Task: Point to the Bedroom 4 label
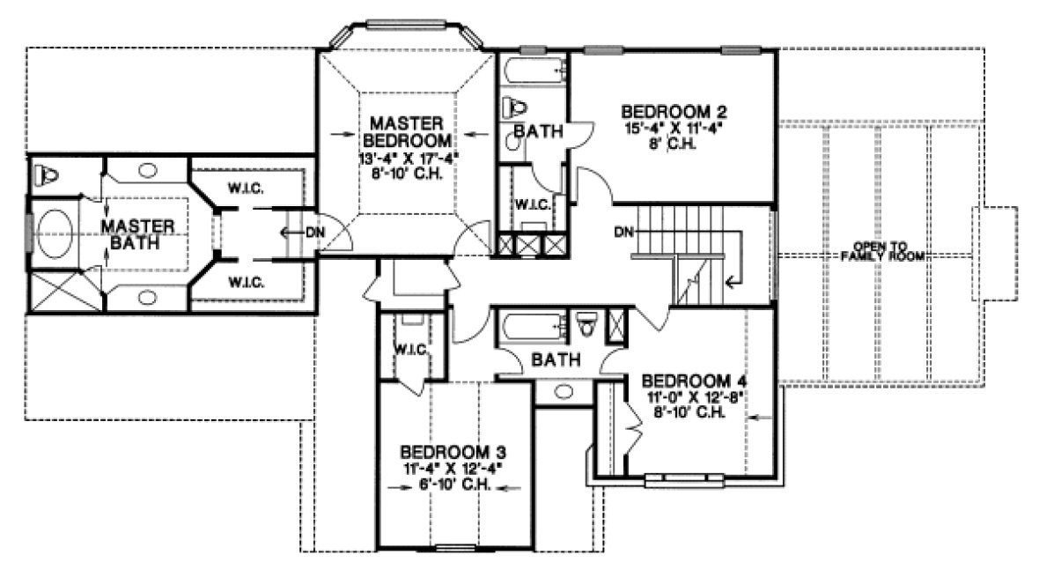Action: click(688, 381)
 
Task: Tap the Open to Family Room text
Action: click(881, 251)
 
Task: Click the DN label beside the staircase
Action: click(625, 233)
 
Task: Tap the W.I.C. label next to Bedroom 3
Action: click(410, 349)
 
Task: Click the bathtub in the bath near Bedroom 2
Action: click(533, 70)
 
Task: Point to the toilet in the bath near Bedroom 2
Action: click(514, 108)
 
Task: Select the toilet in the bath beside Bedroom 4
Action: click(588, 324)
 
